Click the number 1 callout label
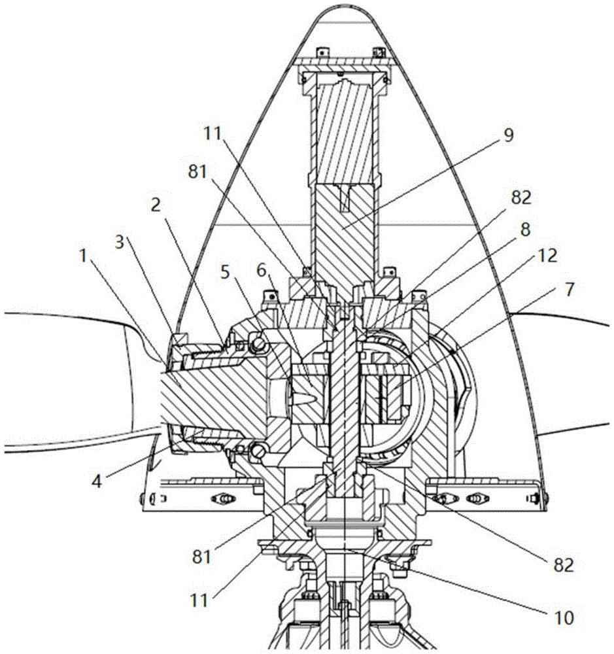click(84, 256)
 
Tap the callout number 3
click(120, 243)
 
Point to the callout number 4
click(96, 482)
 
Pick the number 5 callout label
click(225, 272)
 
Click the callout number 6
click(262, 271)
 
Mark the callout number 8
click(526, 229)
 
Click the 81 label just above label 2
click(197, 172)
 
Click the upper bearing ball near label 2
click(258, 344)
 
